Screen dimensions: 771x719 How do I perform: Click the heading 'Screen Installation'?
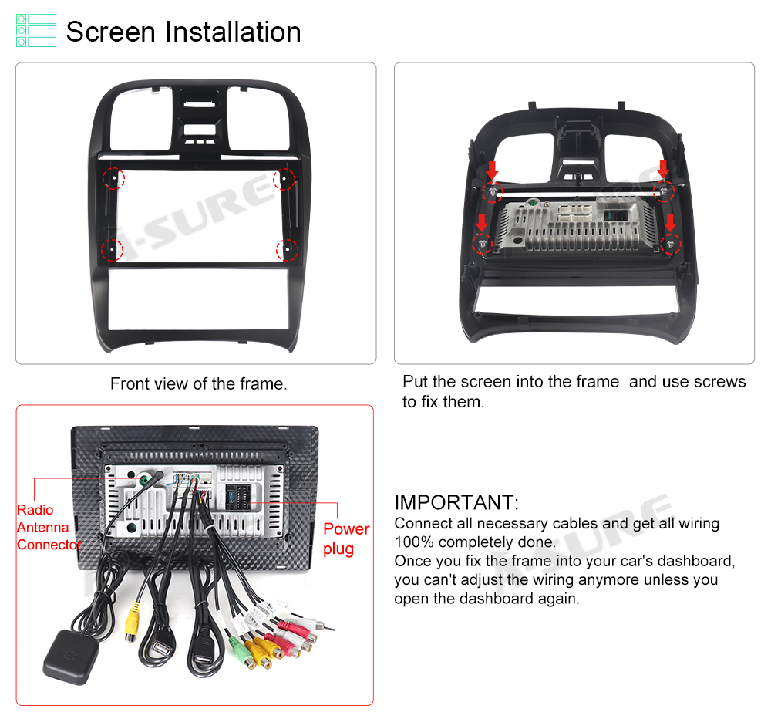(x=183, y=32)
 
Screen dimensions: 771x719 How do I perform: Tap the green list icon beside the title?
(x=36, y=31)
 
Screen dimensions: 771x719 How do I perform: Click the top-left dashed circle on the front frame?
(x=113, y=178)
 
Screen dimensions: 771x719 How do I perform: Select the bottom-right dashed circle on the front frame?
(x=287, y=250)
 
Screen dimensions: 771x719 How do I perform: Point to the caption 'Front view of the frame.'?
(x=199, y=383)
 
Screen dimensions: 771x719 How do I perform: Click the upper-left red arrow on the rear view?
(x=492, y=170)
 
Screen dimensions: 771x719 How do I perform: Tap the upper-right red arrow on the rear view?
(x=663, y=169)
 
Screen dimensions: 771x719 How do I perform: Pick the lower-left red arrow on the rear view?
(x=481, y=222)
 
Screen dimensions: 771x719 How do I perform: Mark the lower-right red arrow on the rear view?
(x=670, y=222)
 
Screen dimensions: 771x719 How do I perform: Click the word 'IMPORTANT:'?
(x=456, y=502)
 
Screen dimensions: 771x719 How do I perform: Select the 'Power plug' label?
(x=346, y=538)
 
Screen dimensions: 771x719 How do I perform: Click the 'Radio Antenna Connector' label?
(x=49, y=527)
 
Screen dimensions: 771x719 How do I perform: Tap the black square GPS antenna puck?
(x=70, y=657)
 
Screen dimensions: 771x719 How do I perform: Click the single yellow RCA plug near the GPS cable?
(x=132, y=621)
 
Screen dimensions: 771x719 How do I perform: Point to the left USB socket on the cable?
(x=161, y=650)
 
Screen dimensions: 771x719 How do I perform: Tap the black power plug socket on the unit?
(x=238, y=496)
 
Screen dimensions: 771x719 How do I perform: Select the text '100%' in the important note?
(x=414, y=542)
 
